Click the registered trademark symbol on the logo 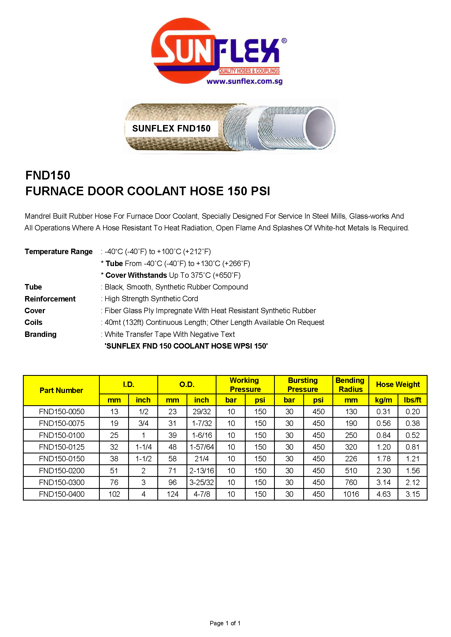[x=284, y=41]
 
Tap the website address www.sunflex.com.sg [x=244, y=81]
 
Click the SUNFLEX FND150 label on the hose [x=171, y=129]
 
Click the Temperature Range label [x=59, y=252]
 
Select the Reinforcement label [x=50, y=299]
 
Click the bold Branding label [x=41, y=334]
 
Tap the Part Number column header [x=61, y=390]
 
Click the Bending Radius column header [x=350, y=385]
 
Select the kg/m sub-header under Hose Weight [x=383, y=400]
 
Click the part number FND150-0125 [x=62, y=447]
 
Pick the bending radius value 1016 [x=351, y=494]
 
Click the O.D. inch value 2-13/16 [x=201, y=471]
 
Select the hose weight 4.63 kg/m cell [x=383, y=494]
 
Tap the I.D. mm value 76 [x=114, y=482]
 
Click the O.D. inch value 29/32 [x=201, y=412]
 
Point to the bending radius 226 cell [x=351, y=459]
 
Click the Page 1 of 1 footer [x=225, y=623]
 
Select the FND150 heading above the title [x=48, y=175]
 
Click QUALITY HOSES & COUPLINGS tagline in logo [x=249, y=71]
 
